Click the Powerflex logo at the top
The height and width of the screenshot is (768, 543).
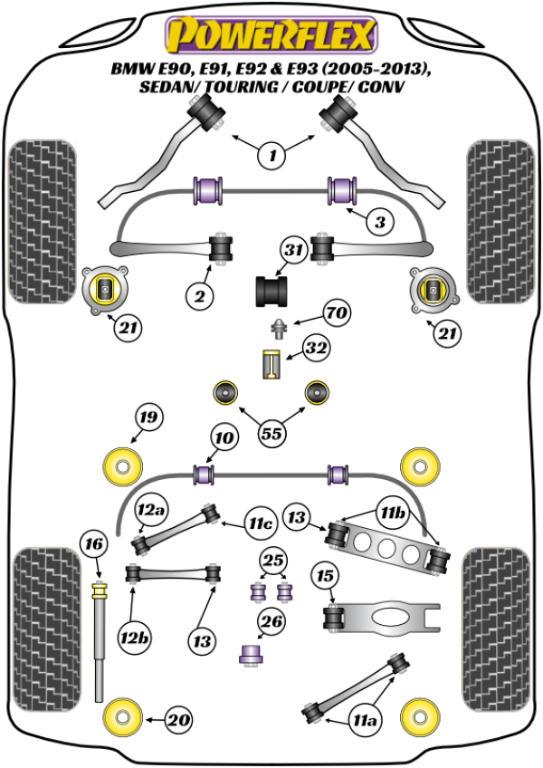click(269, 35)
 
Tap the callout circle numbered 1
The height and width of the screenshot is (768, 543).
click(271, 156)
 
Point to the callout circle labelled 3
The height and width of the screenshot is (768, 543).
click(380, 221)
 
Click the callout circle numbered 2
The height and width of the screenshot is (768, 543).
click(200, 294)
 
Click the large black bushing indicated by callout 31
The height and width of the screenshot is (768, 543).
click(271, 291)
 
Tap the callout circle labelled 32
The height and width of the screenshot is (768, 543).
click(316, 348)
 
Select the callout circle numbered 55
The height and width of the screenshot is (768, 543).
click(271, 433)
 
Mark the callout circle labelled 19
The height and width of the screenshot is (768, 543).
click(148, 418)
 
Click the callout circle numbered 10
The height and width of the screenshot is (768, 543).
click(224, 439)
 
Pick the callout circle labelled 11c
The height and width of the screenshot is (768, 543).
click(261, 524)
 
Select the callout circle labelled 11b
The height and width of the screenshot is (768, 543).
click(393, 515)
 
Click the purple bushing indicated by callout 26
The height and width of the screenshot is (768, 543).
click(250, 654)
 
